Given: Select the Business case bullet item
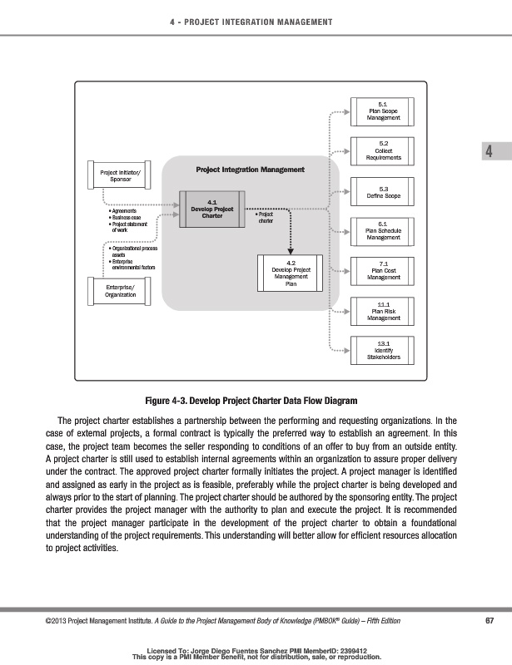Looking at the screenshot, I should tap(126, 218).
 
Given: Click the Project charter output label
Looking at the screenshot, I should tap(266, 218).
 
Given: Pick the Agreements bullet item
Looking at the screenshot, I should tap(125, 211).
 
